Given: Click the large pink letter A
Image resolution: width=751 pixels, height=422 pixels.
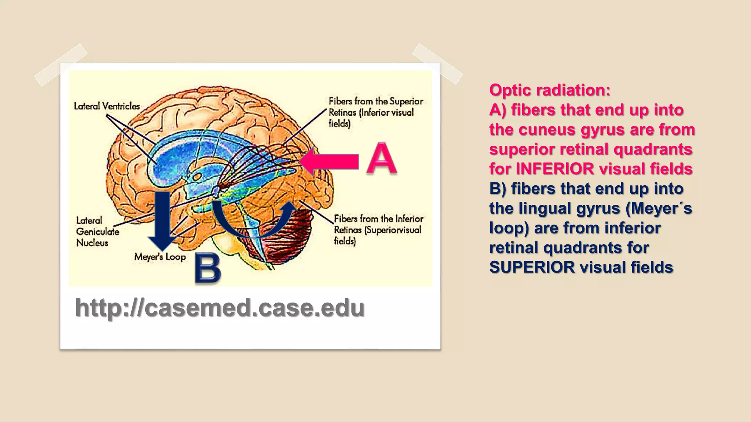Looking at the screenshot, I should [382, 158].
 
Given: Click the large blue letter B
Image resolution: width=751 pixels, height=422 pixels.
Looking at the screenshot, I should [208, 268].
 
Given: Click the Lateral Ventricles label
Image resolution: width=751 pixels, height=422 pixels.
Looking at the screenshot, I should [107, 106].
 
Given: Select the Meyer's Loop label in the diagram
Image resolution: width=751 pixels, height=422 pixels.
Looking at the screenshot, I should [160, 256].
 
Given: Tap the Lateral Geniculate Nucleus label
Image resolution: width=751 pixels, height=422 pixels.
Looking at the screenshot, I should [97, 232].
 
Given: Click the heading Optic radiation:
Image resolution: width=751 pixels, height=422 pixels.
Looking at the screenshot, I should [550, 90].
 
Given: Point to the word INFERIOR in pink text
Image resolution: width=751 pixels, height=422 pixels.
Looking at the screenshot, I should [555, 169].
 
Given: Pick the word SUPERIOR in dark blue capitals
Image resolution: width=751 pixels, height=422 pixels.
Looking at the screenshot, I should [532, 267].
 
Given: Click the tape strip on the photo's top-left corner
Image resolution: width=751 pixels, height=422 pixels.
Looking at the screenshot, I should [61, 65].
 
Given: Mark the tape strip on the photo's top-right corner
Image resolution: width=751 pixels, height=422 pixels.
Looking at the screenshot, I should [437, 64].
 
